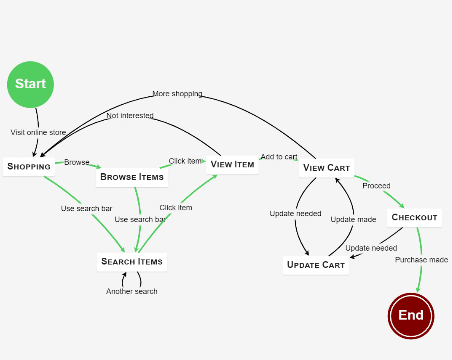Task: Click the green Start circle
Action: (x=30, y=84)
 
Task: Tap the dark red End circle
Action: (x=411, y=316)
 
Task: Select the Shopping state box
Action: (x=29, y=166)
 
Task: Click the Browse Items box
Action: (x=132, y=177)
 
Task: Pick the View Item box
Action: (x=232, y=164)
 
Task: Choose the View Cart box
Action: (x=326, y=168)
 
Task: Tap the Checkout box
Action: (x=414, y=217)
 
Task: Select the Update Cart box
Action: (x=316, y=265)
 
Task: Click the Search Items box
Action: (x=132, y=262)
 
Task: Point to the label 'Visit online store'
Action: (x=38, y=132)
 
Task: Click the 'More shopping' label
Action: (x=177, y=94)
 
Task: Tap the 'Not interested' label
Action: (x=130, y=115)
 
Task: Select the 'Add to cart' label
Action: (x=279, y=157)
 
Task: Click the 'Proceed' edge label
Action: (x=376, y=186)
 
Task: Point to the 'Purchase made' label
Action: (x=422, y=260)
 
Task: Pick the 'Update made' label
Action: (x=353, y=219)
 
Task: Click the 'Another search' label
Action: (x=132, y=291)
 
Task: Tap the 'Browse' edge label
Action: (x=77, y=162)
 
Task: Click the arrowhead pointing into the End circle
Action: (x=418, y=289)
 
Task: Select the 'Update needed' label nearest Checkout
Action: (x=371, y=248)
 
